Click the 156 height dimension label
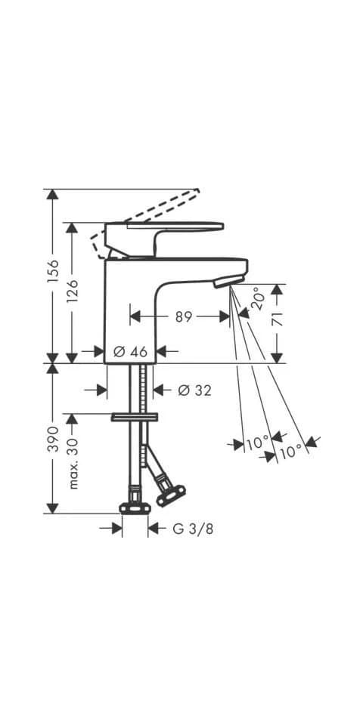tap(53, 271)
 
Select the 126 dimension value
tap(73, 292)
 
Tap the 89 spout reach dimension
tap(184, 316)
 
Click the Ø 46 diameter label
tap(130, 352)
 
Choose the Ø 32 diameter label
tap(194, 390)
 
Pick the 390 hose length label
tap(53, 440)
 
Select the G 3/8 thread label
tap(193, 529)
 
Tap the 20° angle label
tap(258, 298)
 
